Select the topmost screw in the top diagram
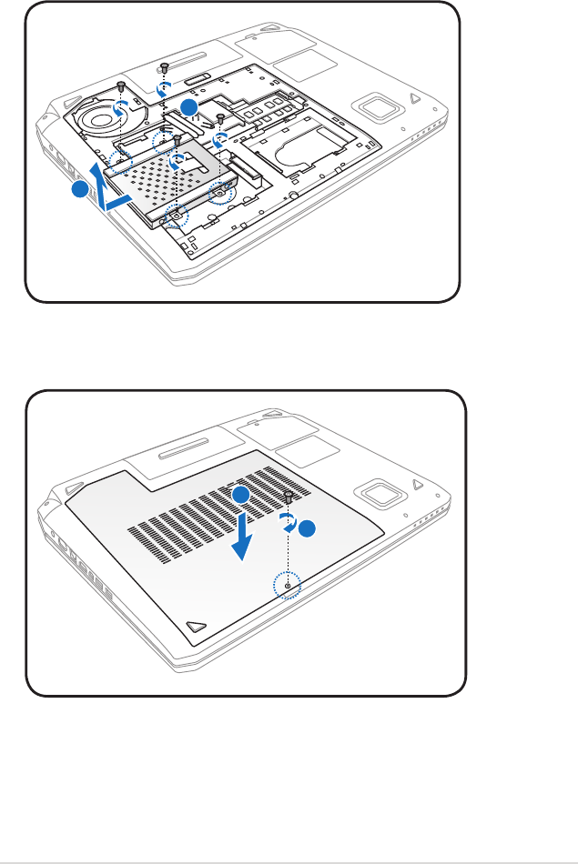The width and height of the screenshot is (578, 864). (165, 67)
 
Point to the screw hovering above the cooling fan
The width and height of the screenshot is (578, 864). (121, 85)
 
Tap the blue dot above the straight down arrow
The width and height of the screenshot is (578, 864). (239, 495)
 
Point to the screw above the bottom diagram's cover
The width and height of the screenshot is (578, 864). (289, 497)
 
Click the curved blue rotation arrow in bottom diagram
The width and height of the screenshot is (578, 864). (287, 521)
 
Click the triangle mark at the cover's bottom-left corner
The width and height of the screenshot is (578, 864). (194, 627)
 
